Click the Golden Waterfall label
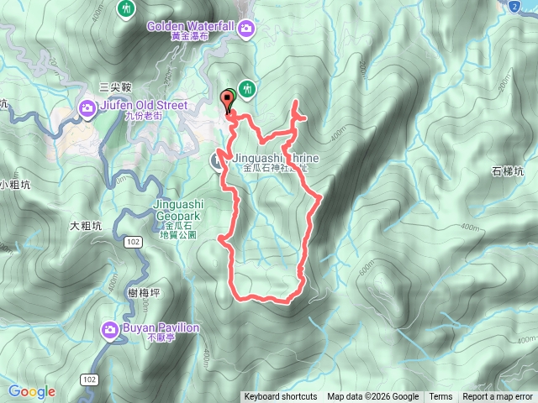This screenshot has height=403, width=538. [189, 26]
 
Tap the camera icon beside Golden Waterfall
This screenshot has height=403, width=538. [246, 30]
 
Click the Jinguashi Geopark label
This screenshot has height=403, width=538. [179, 210]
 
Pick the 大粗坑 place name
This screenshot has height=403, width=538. [86, 226]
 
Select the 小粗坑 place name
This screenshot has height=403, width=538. [14, 185]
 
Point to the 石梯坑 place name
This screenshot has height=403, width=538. [508, 171]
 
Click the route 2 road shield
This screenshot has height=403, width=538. [514, 7]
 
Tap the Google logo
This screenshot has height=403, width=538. [32, 391]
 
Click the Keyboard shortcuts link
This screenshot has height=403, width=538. [281, 397]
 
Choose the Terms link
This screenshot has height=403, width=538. [440, 397]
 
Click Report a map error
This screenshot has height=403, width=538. [498, 397]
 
